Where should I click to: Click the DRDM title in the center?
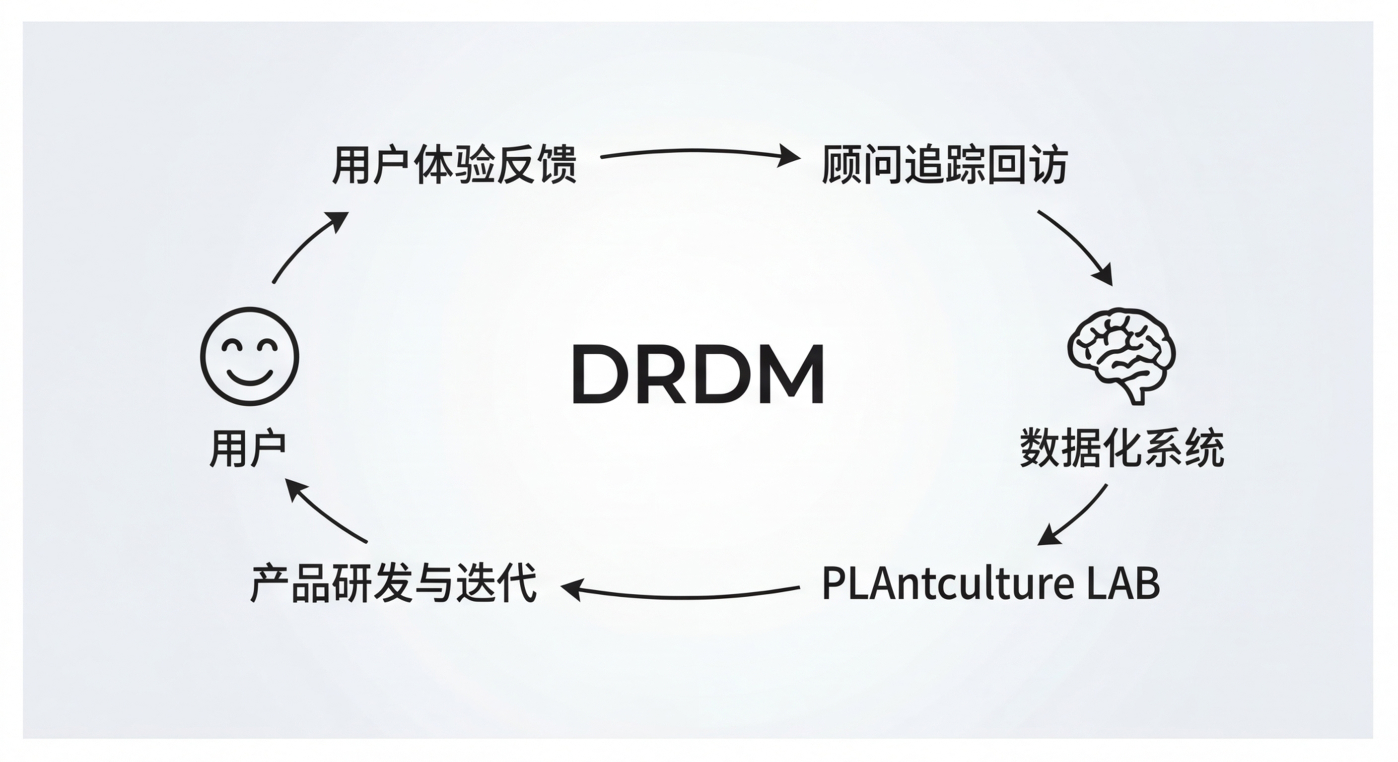coord(699,375)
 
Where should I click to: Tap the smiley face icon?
coord(250,356)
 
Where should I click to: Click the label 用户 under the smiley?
coord(247,448)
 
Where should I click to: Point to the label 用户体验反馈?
coord(454,164)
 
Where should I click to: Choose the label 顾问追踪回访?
coord(945,164)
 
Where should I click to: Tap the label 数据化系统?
coord(1122,448)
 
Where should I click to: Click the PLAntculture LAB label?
coord(991,583)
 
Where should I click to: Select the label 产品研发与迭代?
coord(394,583)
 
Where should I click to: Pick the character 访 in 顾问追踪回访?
coord(1048,164)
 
